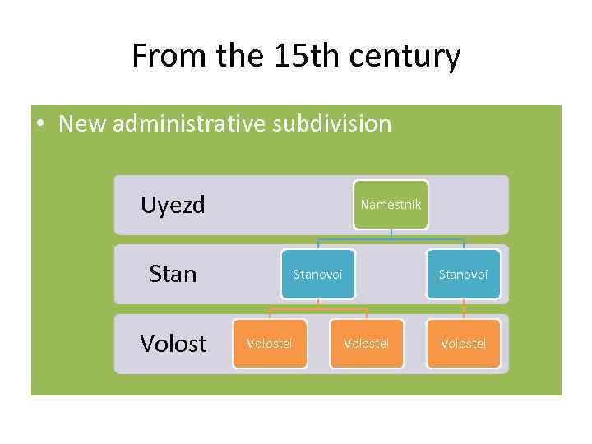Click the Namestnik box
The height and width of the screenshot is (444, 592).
click(391, 204)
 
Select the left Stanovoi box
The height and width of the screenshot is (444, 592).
click(318, 274)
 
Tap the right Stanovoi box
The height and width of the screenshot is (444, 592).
click(463, 274)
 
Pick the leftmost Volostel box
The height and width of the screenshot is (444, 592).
click(269, 343)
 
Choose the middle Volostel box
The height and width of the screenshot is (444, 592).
click(366, 343)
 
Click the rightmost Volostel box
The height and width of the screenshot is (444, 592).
click(463, 343)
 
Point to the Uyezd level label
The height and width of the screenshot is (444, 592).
click(173, 204)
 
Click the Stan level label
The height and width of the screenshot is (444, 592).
click(173, 273)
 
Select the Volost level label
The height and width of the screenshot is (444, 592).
click(173, 343)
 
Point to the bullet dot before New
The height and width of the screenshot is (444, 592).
click(39, 124)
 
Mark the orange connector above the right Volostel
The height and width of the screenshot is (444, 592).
click(464, 309)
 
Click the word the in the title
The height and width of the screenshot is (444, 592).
click(233, 56)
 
